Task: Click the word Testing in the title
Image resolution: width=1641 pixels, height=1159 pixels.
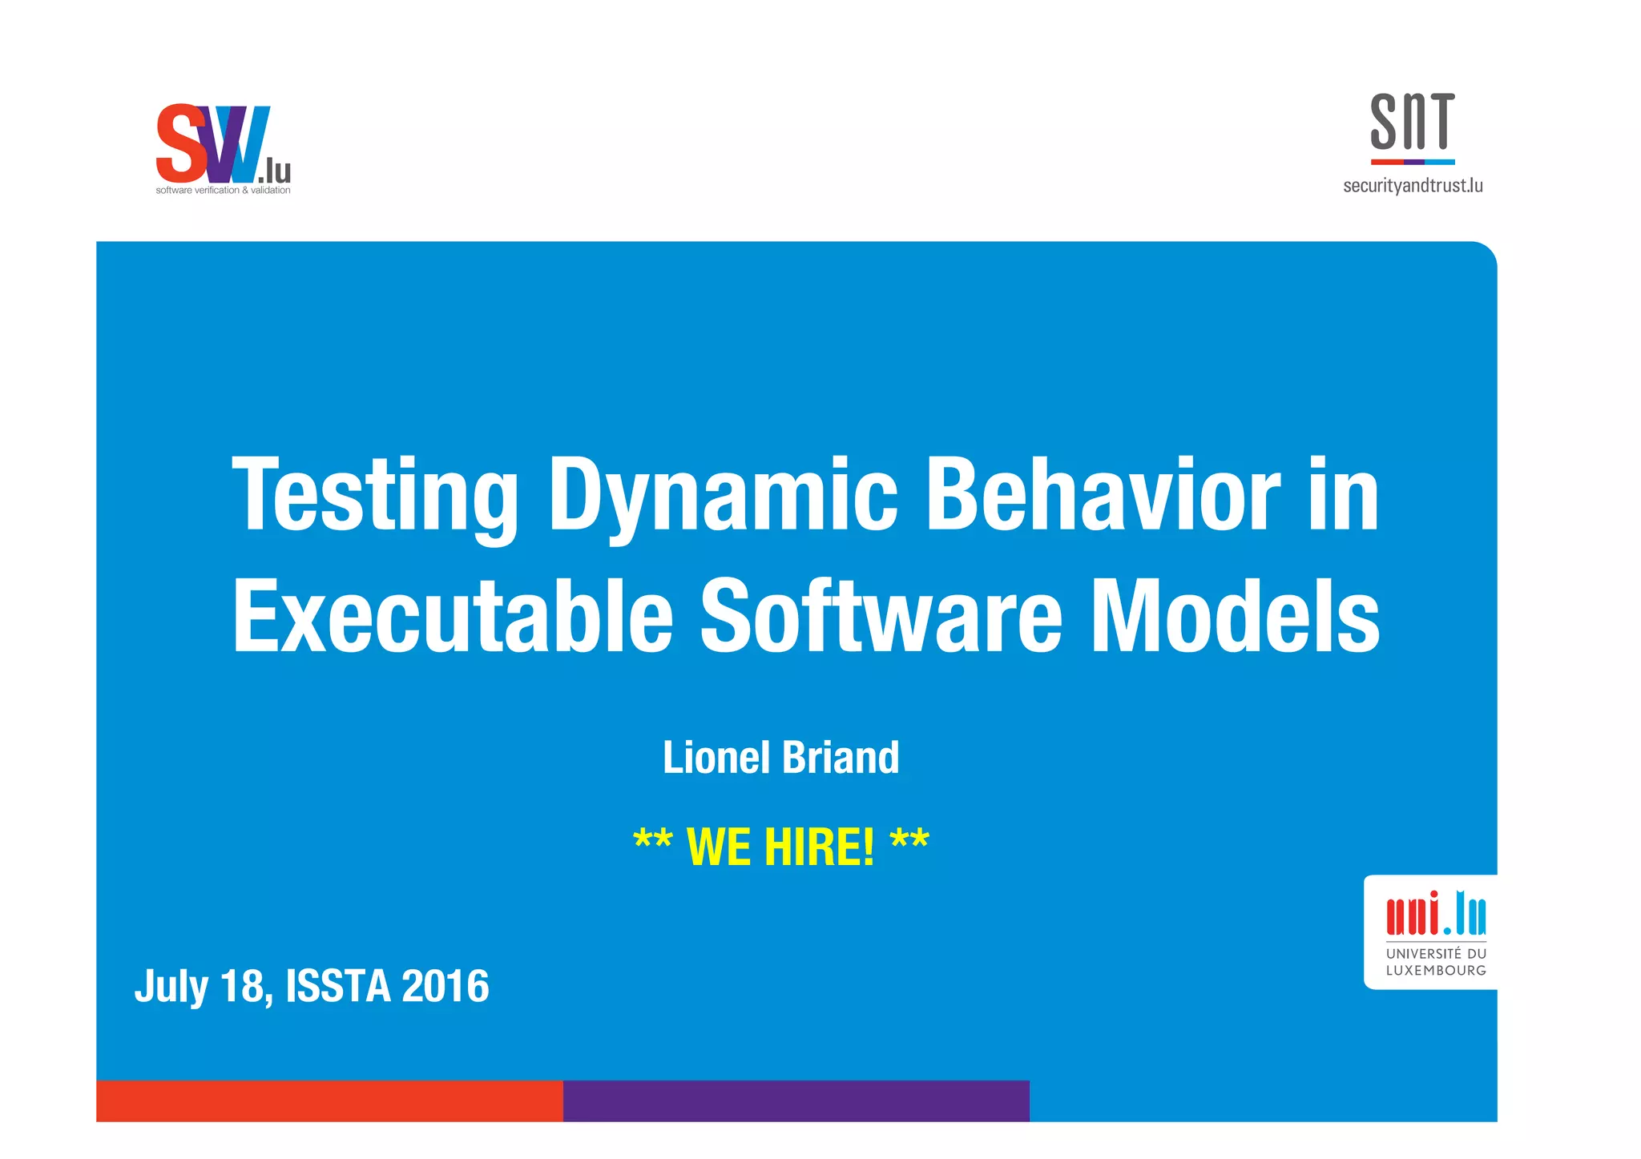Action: tap(374, 494)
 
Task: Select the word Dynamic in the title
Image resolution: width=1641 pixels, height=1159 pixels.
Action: tap(722, 494)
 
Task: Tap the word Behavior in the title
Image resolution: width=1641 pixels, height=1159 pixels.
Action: tap(1103, 494)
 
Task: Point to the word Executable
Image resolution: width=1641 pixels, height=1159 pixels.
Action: tap(453, 615)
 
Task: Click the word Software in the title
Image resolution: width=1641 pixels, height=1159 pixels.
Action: tap(881, 615)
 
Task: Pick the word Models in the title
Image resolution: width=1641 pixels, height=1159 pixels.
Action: tap(1235, 615)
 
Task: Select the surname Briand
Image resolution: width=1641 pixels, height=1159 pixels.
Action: tap(841, 758)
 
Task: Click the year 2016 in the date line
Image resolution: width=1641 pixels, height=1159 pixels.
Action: tap(445, 986)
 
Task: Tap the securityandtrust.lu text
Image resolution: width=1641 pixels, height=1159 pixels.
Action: tap(1412, 186)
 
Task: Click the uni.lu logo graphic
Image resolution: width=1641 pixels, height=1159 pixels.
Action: tap(1435, 914)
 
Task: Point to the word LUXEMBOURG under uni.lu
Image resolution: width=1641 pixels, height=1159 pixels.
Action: tap(1435, 971)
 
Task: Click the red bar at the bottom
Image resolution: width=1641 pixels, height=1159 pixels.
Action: tap(329, 1101)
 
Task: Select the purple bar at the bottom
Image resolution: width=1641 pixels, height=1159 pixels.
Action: tap(796, 1101)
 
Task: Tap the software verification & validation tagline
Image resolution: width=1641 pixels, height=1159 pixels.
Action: tap(223, 191)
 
